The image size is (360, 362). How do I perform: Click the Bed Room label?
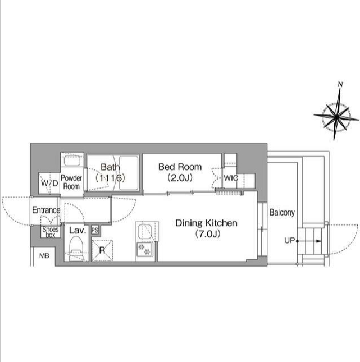(x=180, y=167)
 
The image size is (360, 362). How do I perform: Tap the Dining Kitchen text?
(x=206, y=223)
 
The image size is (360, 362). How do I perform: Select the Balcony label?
(x=282, y=212)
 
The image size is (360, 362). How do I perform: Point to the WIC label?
(x=231, y=178)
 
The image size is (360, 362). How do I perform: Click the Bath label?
(x=110, y=167)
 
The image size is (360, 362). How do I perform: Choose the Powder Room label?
(x=71, y=182)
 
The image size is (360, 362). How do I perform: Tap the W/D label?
(x=49, y=184)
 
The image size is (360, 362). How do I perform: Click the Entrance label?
(x=46, y=210)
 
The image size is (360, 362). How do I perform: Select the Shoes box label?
(x=51, y=232)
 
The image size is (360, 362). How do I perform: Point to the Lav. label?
(x=78, y=230)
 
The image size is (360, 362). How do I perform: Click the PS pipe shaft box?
(x=95, y=230)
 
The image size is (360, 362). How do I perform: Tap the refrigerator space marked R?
(x=102, y=251)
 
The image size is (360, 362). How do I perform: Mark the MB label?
(x=44, y=256)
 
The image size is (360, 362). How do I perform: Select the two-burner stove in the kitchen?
(x=144, y=249)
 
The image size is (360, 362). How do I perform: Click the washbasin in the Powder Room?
(x=72, y=161)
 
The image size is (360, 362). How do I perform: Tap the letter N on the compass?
(x=340, y=85)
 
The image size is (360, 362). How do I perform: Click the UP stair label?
(x=289, y=241)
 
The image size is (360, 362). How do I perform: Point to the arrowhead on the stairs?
(x=318, y=241)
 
